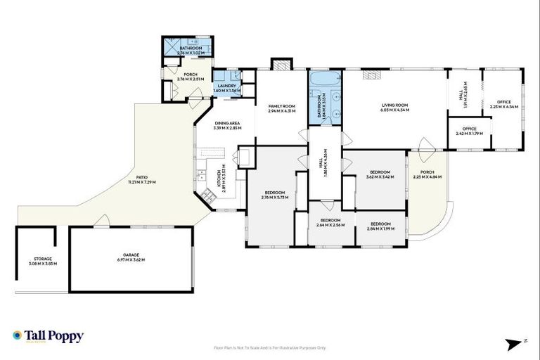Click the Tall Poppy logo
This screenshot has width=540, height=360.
tap(48, 336)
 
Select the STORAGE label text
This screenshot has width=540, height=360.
tap(43, 261)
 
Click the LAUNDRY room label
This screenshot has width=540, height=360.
tap(226, 88)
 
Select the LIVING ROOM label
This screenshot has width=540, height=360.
tap(394, 108)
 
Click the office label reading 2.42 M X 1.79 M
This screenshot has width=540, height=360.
tap(470, 131)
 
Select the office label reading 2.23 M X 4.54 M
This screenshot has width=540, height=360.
tap(503, 104)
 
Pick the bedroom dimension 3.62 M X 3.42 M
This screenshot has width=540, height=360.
tap(380, 177)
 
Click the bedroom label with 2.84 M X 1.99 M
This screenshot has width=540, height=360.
tap(380, 226)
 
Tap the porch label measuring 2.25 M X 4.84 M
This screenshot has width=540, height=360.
tap(427, 176)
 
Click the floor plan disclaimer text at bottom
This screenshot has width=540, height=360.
tap(270, 347)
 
